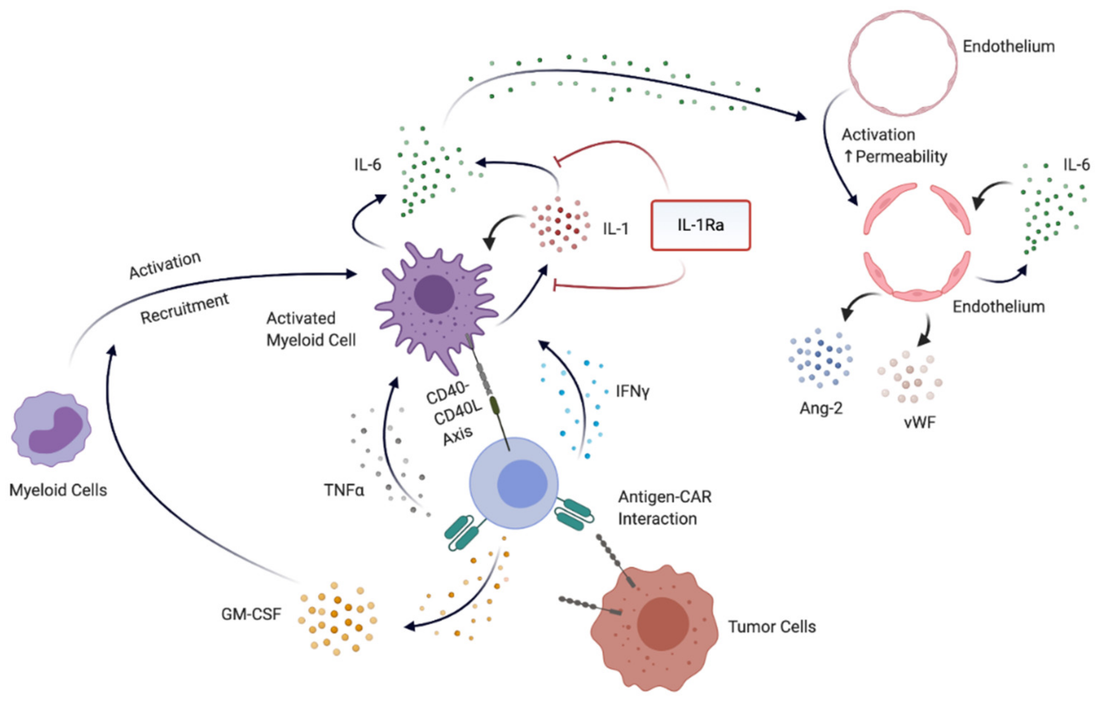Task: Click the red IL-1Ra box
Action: (x=700, y=225)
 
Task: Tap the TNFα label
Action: (x=344, y=490)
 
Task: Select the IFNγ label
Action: (x=632, y=391)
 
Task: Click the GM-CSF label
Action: (x=251, y=614)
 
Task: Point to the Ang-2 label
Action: (x=821, y=408)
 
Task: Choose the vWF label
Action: (x=919, y=422)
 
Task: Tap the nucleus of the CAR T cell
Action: (x=522, y=484)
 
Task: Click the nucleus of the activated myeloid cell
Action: (x=434, y=294)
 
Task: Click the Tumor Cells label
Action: (x=772, y=627)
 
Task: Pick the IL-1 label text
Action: (x=616, y=228)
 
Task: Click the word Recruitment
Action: (x=185, y=309)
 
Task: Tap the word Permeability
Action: (x=901, y=156)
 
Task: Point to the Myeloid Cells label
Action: (x=58, y=490)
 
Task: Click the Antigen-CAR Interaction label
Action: (x=665, y=508)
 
